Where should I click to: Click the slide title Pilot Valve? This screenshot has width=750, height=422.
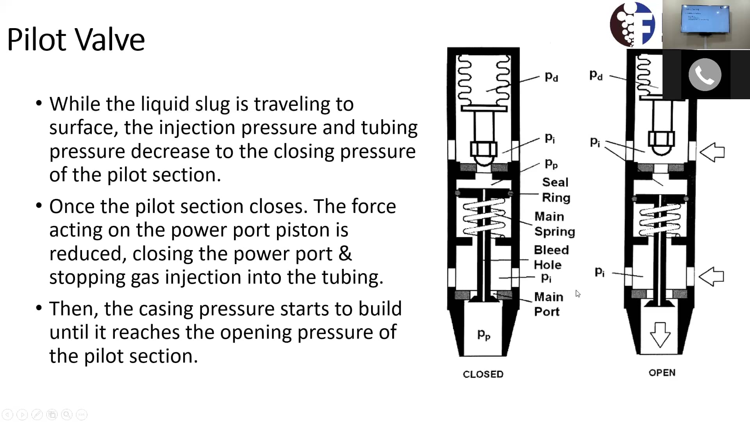[x=76, y=40]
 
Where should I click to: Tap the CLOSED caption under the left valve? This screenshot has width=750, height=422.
[x=483, y=374]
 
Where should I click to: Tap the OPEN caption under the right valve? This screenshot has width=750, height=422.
[x=662, y=372]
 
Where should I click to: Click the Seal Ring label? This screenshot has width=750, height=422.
[x=556, y=190]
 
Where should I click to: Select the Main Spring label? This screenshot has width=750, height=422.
[x=554, y=224]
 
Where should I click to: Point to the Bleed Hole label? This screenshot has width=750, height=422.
[x=551, y=257]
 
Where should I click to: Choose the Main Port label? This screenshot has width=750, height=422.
[x=548, y=304]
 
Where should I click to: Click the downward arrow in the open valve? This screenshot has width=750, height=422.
[x=660, y=334]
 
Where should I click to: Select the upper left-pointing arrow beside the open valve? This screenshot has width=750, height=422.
[x=712, y=152]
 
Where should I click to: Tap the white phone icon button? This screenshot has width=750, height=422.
[x=705, y=75]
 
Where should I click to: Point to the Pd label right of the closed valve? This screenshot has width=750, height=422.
[x=551, y=77]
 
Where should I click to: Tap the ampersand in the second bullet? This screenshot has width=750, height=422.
[x=345, y=254]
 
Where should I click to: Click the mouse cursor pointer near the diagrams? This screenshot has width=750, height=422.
[x=578, y=293]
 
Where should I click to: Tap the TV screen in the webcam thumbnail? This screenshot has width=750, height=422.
[x=705, y=19]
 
